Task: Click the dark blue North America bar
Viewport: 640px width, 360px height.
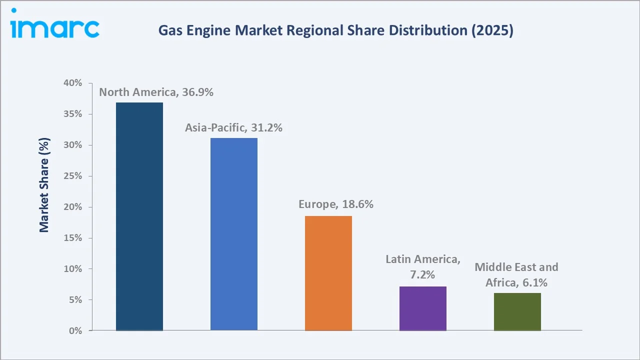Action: click(x=139, y=216)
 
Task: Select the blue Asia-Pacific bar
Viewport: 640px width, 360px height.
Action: click(x=234, y=234)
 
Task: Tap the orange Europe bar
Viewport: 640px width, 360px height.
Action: click(x=328, y=273)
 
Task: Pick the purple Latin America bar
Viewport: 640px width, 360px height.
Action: click(x=423, y=308)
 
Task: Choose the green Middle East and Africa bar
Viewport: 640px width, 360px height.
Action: click(x=517, y=311)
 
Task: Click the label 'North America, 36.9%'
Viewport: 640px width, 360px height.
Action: click(x=156, y=92)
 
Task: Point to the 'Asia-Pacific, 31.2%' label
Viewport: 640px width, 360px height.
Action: click(x=233, y=128)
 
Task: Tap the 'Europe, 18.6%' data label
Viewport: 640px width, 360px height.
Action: click(x=336, y=204)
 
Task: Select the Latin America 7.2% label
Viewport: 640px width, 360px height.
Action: click(x=423, y=266)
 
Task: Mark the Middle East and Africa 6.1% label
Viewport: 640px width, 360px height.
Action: click(x=516, y=274)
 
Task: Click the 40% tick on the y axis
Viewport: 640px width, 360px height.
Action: click(x=73, y=83)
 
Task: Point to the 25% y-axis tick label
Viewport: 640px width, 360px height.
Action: click(x=73, y=176)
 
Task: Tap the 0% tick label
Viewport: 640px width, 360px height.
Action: click(x=75, y=331)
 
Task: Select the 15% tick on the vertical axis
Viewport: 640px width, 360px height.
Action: click(x=73, y=238)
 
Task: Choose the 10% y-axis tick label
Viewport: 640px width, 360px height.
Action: click(x=73, y=269)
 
